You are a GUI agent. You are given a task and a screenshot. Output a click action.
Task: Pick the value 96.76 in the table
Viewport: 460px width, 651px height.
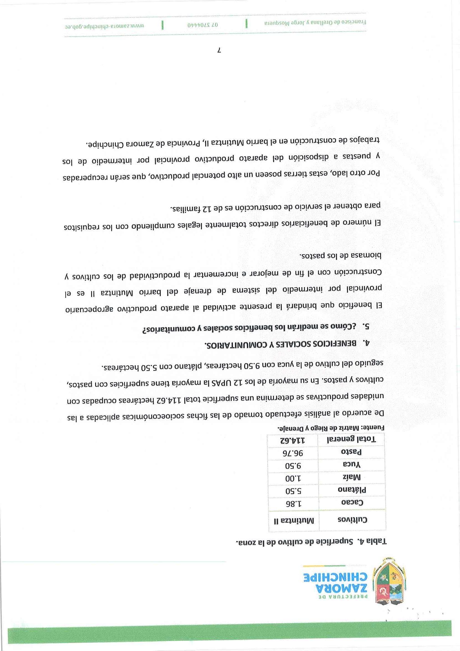tap(292, 453)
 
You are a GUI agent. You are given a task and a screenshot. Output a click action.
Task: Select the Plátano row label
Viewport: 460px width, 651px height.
tap(352, 490)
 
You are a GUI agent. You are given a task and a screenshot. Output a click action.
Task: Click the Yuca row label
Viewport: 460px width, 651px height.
tap(352, 465)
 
